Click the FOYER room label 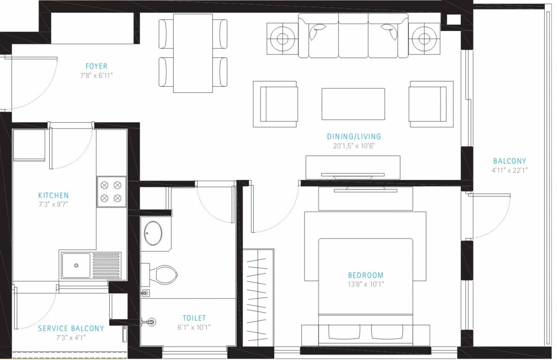(x=96, y=66)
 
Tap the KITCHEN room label (x=53, y=195)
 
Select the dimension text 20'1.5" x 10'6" (x=354, y=146)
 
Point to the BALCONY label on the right (x=509, y=161)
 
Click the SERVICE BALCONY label (x=71, y=328)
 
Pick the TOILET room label (x=194, y=318)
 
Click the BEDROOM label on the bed (x=365, y=275)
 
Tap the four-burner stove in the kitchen (x=112, y=191)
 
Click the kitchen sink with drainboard (x=90, y=265)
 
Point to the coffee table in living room (x=353, y=104)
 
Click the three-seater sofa (x=353, y=36)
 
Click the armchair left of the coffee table (x=275, y=104)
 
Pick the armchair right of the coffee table (x=431, y=104)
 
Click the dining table (x=193, y=53)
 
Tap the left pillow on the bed (x=343, y=332)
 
